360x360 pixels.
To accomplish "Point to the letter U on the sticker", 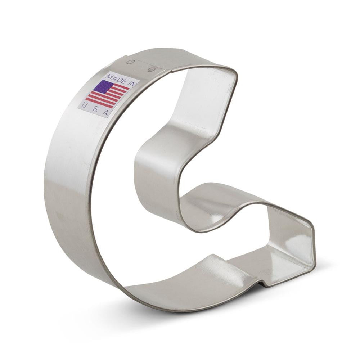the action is [84, 105].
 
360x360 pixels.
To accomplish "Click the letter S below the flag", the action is [95, 109].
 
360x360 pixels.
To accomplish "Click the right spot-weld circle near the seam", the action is [151, 69].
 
